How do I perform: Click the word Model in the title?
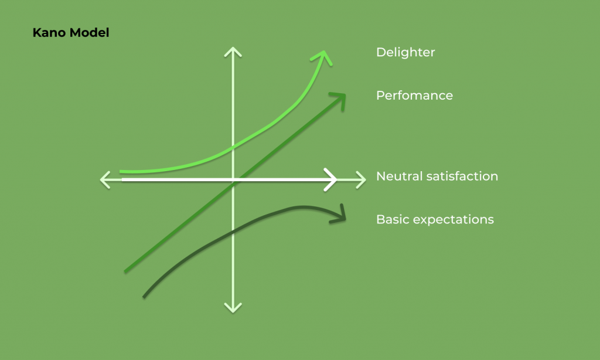pos(90,33)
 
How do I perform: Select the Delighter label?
pos(405,52)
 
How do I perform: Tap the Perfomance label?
pos(414,96)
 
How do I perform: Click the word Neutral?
pos(399,176)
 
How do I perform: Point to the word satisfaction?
pos(462,176)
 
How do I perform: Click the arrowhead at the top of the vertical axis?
pos(233,51)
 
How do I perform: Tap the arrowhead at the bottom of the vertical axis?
pos(233,308)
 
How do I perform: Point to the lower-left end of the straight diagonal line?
pos(125,271)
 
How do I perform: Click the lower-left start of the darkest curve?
pos(144,297)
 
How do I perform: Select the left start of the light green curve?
pos(121,172)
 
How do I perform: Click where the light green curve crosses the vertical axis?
pos(233,147)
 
